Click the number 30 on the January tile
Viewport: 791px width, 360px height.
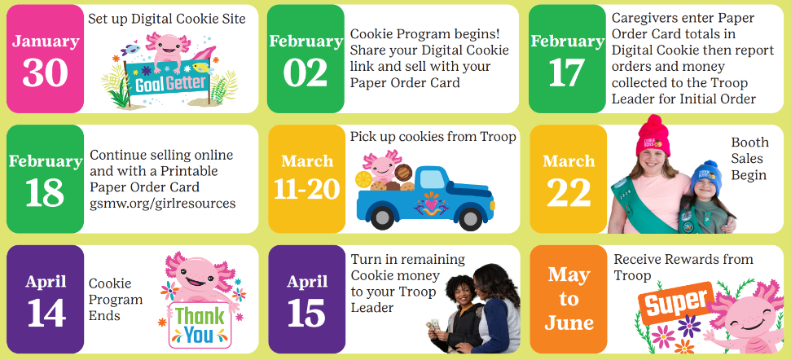pyautogui.click(x=45, y=72)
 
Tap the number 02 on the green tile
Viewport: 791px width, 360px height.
pyautogui.click(x=305, y=72)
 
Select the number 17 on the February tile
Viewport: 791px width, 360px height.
pyautogui.click(x=566, y=72)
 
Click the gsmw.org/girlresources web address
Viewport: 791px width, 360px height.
pyautogui.click(x=162, y=203)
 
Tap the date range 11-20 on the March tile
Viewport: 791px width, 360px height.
pyautogui.click(x=307, y=189)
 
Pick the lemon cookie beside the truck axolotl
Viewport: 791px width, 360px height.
pyautogui.click(x=363, y=179)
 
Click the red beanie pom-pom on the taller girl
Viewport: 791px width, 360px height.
pyautogui.click(x=654, y=123)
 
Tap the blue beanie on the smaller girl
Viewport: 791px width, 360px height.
pyautogui.click(x=705, y=177)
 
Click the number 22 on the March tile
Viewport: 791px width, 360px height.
pyautogui.click(x=569, y=193)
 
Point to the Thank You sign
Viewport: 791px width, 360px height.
pyautogui.click(x=200, y=326)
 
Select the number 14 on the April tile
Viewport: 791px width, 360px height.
pyautogui.click(x=46, y=313)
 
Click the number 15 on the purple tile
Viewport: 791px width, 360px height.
pyautogui.click(x=307, y=313)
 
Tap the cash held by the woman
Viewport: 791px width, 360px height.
pyautogui.click(x=433, y=325)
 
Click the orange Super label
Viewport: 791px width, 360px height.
pyautogui.click(x=677, y=303)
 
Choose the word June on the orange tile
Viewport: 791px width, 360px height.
pyautogui.click(x=569, y=323)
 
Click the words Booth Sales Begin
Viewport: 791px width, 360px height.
pyautogui.click(x=749, y=158)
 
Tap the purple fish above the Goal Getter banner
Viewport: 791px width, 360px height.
pyautogui.click(x=130, y=50)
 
